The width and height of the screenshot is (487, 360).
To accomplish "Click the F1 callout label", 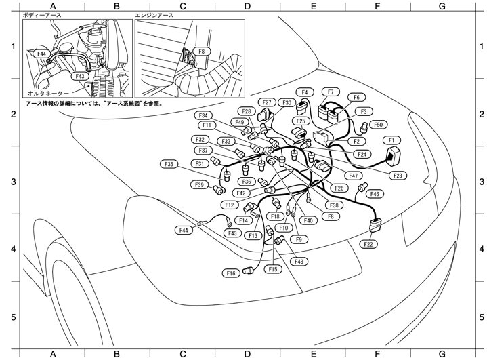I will (390, 140).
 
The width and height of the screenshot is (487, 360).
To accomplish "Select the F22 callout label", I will (369, 244).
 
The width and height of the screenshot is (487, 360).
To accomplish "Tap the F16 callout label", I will (231, 273).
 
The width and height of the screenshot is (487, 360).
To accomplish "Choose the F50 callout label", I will (378, 125).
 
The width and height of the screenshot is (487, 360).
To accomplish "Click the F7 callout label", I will (331, 92).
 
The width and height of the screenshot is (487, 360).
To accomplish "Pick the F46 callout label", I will (375, 194).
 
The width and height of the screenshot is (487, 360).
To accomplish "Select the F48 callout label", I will (299, 262).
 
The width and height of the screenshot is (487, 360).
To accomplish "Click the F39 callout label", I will (200, 184).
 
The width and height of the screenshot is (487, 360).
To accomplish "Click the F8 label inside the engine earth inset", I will (201, 52).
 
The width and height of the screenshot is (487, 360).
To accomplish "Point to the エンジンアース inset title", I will (157, 14).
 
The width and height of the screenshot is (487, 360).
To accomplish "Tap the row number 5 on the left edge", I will (12, 317).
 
